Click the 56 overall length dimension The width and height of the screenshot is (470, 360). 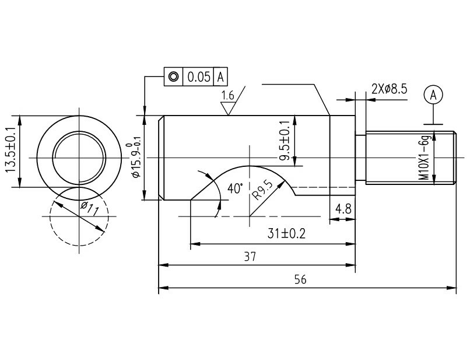[x=300, y=279]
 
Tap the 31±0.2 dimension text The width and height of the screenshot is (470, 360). [x=287, y=234]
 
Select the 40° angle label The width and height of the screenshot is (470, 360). [x=234, y=188]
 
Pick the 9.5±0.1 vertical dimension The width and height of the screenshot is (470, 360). [x=285, y=141]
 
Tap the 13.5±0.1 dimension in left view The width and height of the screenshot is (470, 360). [x=10, y=151]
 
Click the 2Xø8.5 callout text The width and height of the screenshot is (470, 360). [x=389, y=89]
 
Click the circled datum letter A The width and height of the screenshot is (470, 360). [x=432, y=95]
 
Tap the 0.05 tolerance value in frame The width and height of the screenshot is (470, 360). [x=198, y=76]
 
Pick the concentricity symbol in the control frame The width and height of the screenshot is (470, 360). [x=173, y=76]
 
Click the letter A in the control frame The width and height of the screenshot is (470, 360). [x=220, y=76]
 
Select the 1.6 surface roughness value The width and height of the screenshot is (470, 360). [x=227, y=95]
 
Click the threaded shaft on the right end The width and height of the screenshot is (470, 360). [x=408, y=158]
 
